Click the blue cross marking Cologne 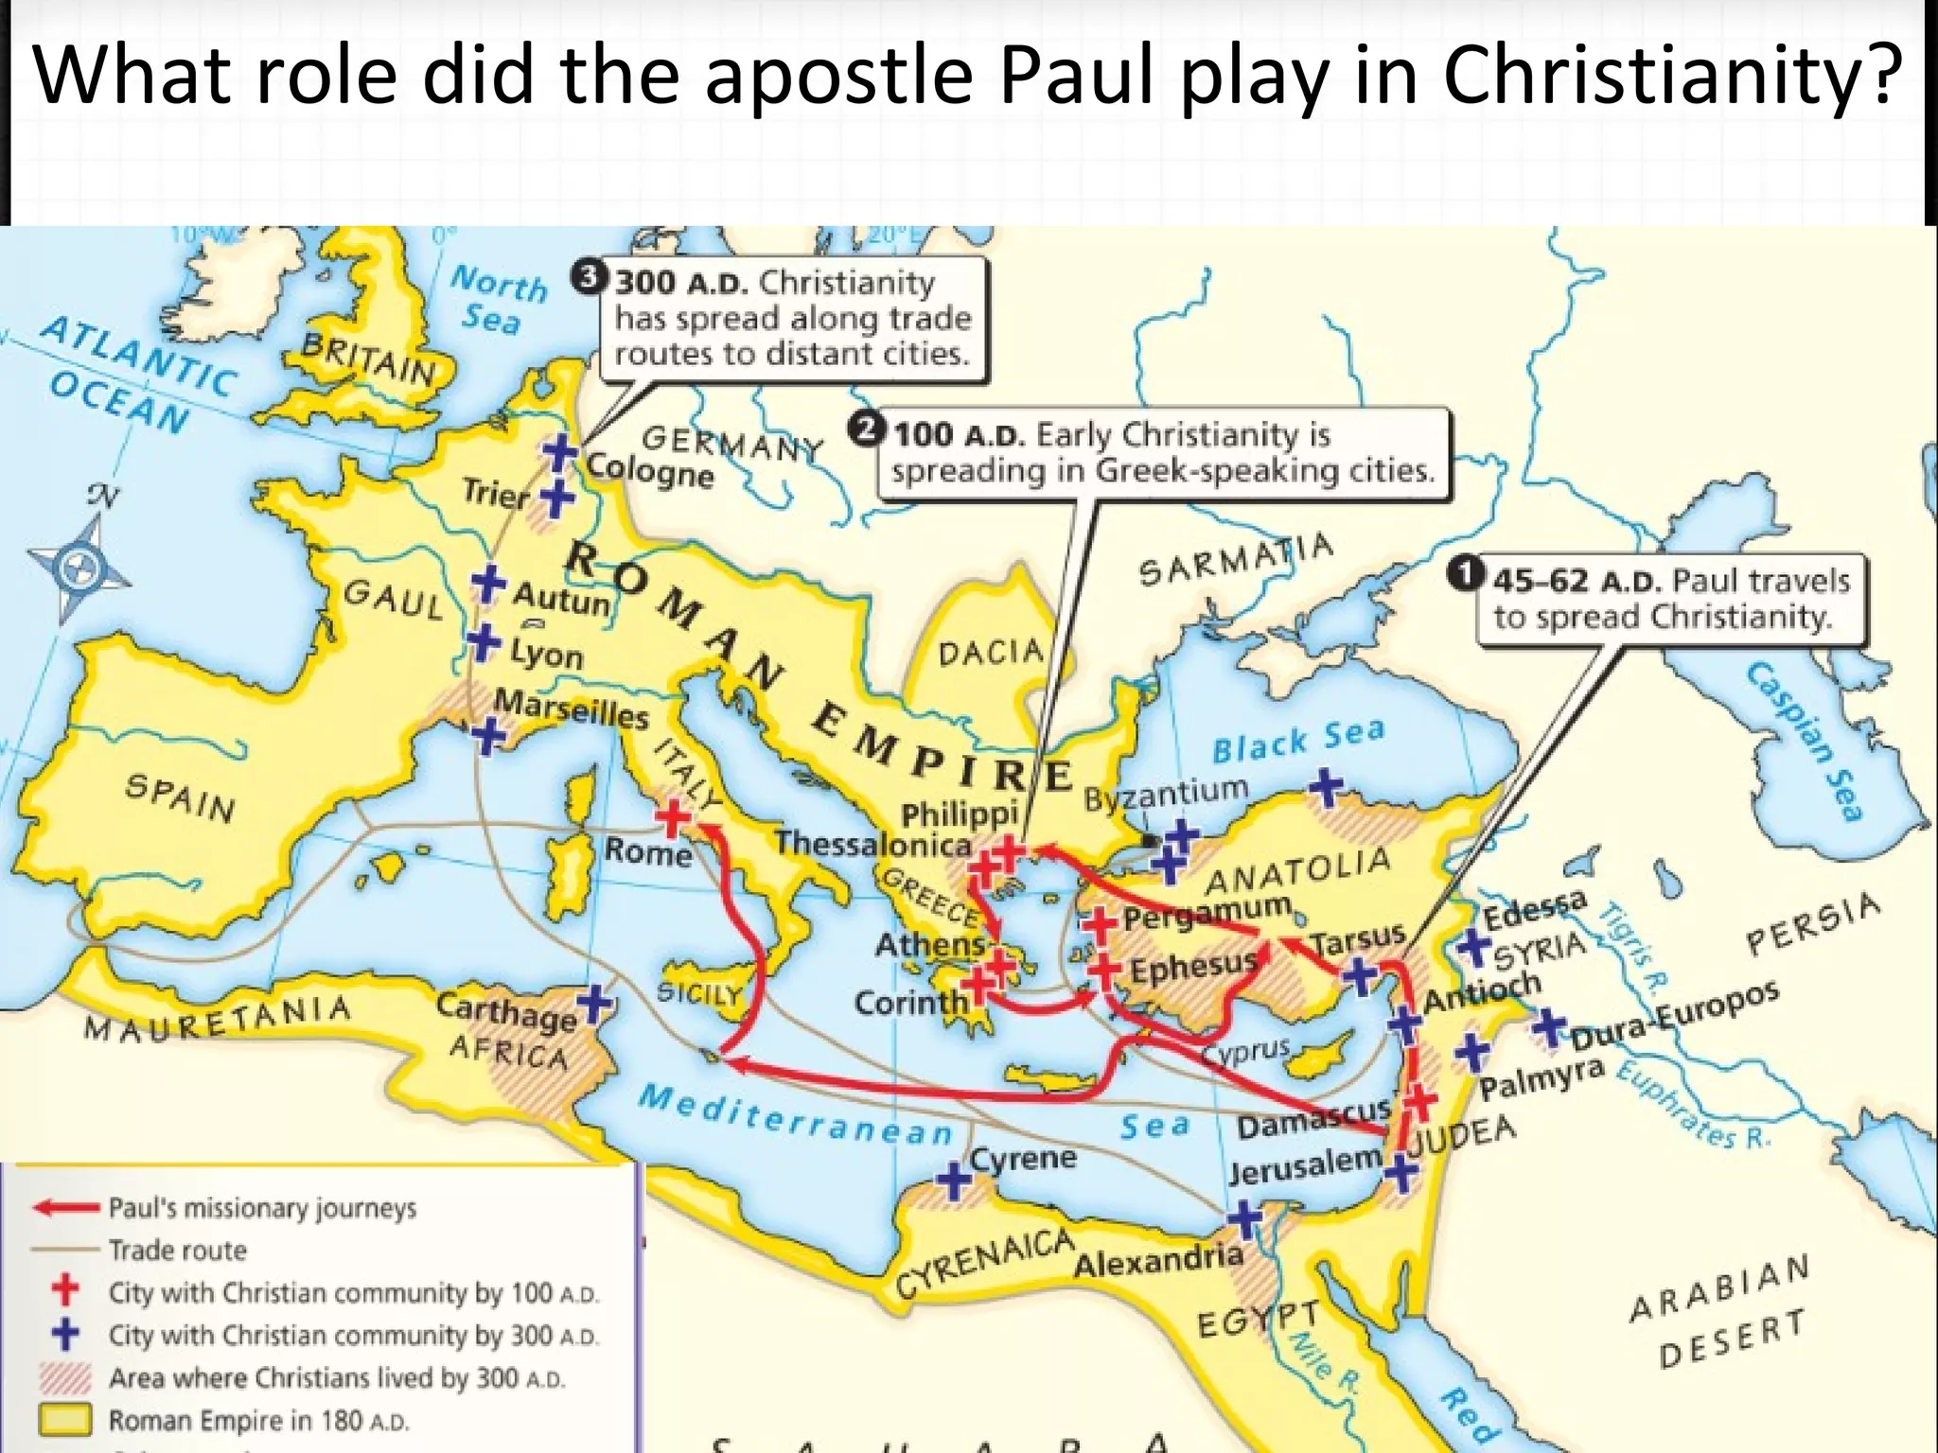click(x=559, y=452)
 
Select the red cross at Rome click(x=673, y=818)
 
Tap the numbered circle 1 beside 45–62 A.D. click(x=1466, y=573)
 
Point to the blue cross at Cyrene click(x=954, y=1181)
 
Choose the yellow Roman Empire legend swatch click(x=64, y=1419)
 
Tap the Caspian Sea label click(x=1806, y=742)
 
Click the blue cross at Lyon click(x=484, y=643)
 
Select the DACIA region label click(x=991, y=653)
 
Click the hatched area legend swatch click(x=64, y=1377)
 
